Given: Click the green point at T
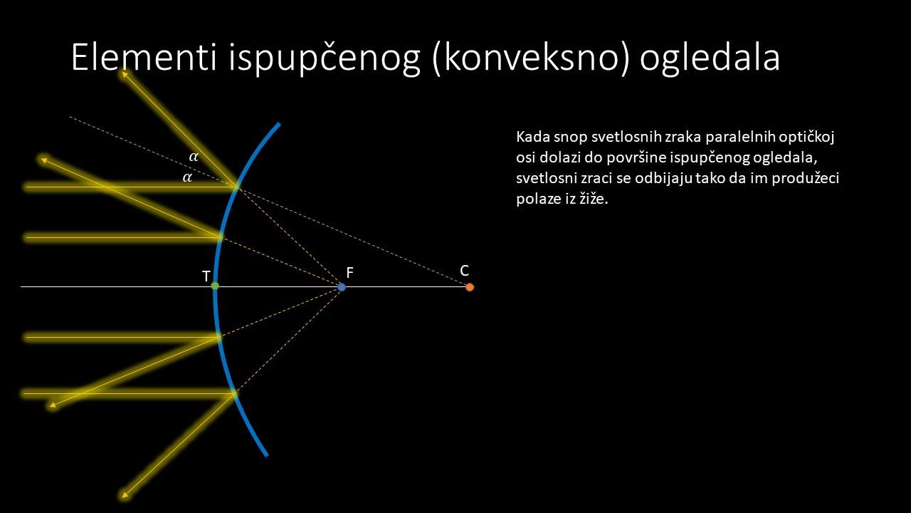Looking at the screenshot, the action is [x=215, y=286].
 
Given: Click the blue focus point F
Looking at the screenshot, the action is [x=342, y=287].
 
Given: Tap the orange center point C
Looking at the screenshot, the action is [x=470, y=287].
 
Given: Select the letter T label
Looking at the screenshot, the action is [x=206, y=276].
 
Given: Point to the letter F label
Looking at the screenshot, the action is [x=349, y=272].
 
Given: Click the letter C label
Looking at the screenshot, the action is [x=465, y=271].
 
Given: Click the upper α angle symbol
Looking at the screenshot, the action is [x=194, y=156].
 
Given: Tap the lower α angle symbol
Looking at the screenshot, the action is [x=187, y=177].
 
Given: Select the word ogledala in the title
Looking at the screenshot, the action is [x=710, y=59].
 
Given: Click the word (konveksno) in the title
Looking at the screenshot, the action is [x=531, y=59].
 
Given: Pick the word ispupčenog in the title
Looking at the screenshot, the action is [x=324, y=59].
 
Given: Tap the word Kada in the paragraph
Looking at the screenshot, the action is [x=531, y=137].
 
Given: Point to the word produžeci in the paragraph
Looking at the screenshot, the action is [x=805, y=179].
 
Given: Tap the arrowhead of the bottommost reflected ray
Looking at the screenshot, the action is [x=125, y=495].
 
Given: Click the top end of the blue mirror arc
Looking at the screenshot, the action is [x=280, y=123].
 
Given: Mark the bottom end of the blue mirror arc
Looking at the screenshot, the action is [x=267, y=455].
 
